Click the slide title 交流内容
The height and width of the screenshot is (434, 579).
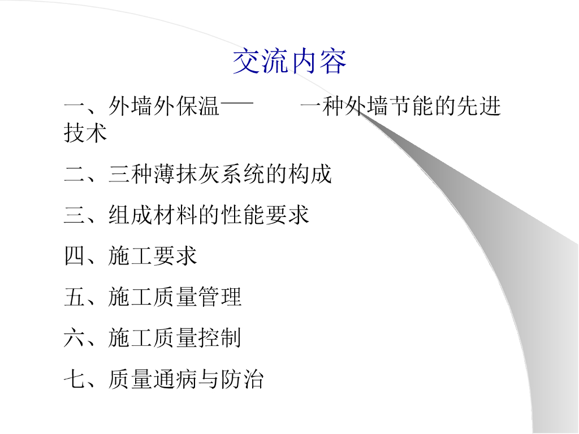tap(289, 62)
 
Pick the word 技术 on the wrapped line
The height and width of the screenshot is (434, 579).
tap(85, 133)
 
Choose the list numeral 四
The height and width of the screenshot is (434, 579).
tap(74, 256)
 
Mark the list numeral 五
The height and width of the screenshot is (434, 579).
tap(74, 297)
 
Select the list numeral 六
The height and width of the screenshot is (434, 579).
tap(74, 338)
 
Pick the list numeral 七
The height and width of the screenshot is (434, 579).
tap(74, 379)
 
